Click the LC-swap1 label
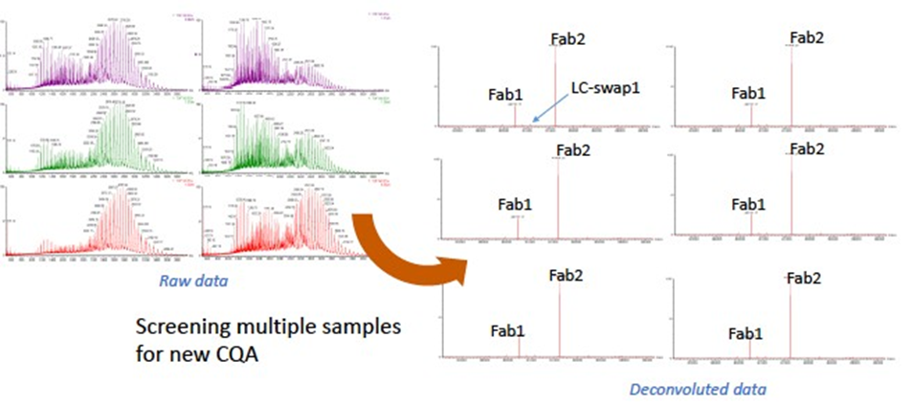[604, 86]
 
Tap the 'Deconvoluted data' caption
[698, 390]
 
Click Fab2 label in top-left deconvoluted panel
[567, 38]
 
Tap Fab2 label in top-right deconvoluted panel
[807, 38]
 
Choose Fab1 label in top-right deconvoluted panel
[748, 93]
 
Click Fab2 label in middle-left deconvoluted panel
[572, 149]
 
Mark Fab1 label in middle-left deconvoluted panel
[515, 205]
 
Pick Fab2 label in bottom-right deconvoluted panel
[805, 278]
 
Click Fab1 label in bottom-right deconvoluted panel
[745, 333]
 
